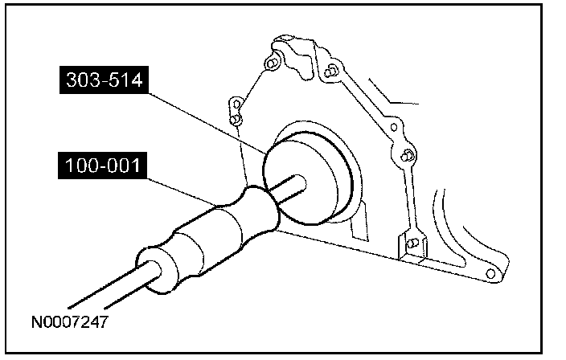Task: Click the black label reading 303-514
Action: (x=104, y=80)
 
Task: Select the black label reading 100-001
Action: (x=103, y=166)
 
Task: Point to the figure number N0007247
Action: (x=70, y=322)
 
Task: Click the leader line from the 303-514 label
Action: (x=207, y=122)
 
